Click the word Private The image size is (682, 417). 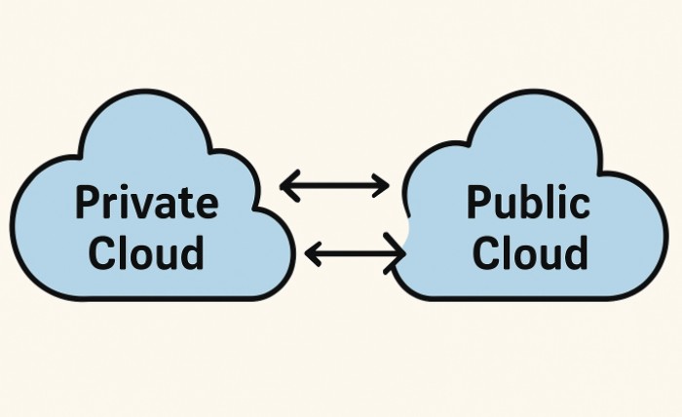point(146,204)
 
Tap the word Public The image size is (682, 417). point(527,204)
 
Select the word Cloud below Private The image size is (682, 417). point(146,252)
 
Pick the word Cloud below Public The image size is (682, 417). point(527,252)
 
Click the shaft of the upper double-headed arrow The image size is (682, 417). point(334,185)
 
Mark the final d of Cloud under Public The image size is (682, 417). point(574,252)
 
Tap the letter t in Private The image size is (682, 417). point(187,205)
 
